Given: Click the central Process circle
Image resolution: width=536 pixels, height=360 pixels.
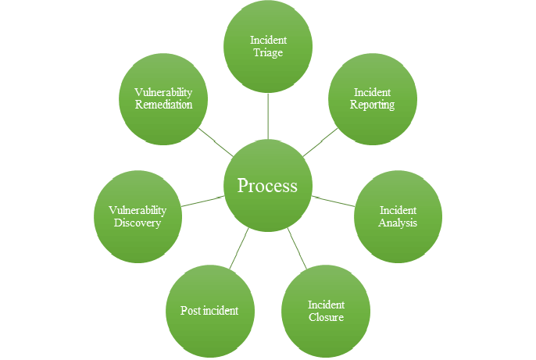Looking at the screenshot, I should point(268,186).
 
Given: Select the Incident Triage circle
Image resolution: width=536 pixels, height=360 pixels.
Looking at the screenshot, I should point(268,46).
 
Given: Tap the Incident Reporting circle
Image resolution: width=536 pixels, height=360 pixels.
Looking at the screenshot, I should point(372,99).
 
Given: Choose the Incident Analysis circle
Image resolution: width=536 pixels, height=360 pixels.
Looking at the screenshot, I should point(398,216).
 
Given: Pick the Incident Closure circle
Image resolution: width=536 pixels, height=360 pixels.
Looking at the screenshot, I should point(326,311).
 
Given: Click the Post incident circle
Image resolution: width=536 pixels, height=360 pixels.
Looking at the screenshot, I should point(209,311).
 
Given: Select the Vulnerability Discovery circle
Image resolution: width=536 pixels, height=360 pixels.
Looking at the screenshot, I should point(138,216).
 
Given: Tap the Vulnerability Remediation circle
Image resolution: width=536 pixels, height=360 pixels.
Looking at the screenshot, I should point(163,99).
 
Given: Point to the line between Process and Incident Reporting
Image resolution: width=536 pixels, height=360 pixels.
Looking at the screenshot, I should point(320,141).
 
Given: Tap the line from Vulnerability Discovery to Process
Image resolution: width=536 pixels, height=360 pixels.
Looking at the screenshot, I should point(202,201).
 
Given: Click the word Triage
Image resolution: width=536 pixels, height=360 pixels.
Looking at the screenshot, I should point(268,52).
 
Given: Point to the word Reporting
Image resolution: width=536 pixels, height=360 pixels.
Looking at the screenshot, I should point(372,105).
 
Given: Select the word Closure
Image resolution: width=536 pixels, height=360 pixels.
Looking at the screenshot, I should point(326,317).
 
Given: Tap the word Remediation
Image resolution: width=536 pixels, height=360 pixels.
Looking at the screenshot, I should point(163,105).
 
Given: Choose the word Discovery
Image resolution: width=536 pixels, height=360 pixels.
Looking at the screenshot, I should point(138,223).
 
